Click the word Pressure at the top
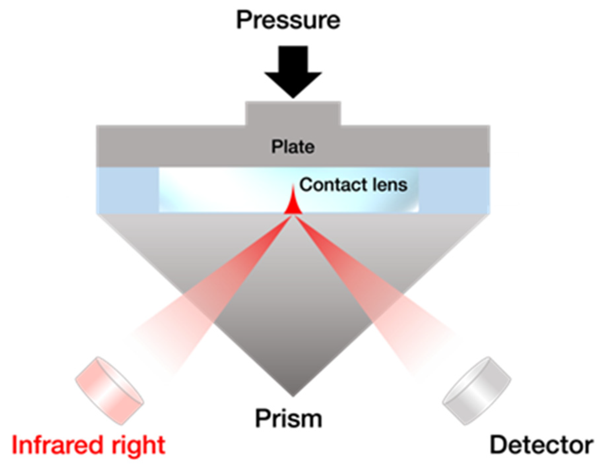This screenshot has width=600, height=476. pyautogui.click(x=288, y=20)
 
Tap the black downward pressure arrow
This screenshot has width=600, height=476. pyautogui.click(x=293, y=69)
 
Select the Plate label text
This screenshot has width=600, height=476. pyautogui.click(x=293, y=147)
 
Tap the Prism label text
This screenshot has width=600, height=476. pyautogui.click(x=289, y=419)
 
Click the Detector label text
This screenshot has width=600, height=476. pyautogui.click(x=541, y=445)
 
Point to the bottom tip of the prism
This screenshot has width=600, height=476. pyautogui.click(x=293, y=393)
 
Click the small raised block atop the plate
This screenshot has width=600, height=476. pyautogui.click(x=293, y=113)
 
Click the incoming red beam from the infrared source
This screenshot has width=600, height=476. pyautogui.click(x=211, y=297)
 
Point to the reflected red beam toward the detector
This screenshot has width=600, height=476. pyautogui.click(x=373, y=297)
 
